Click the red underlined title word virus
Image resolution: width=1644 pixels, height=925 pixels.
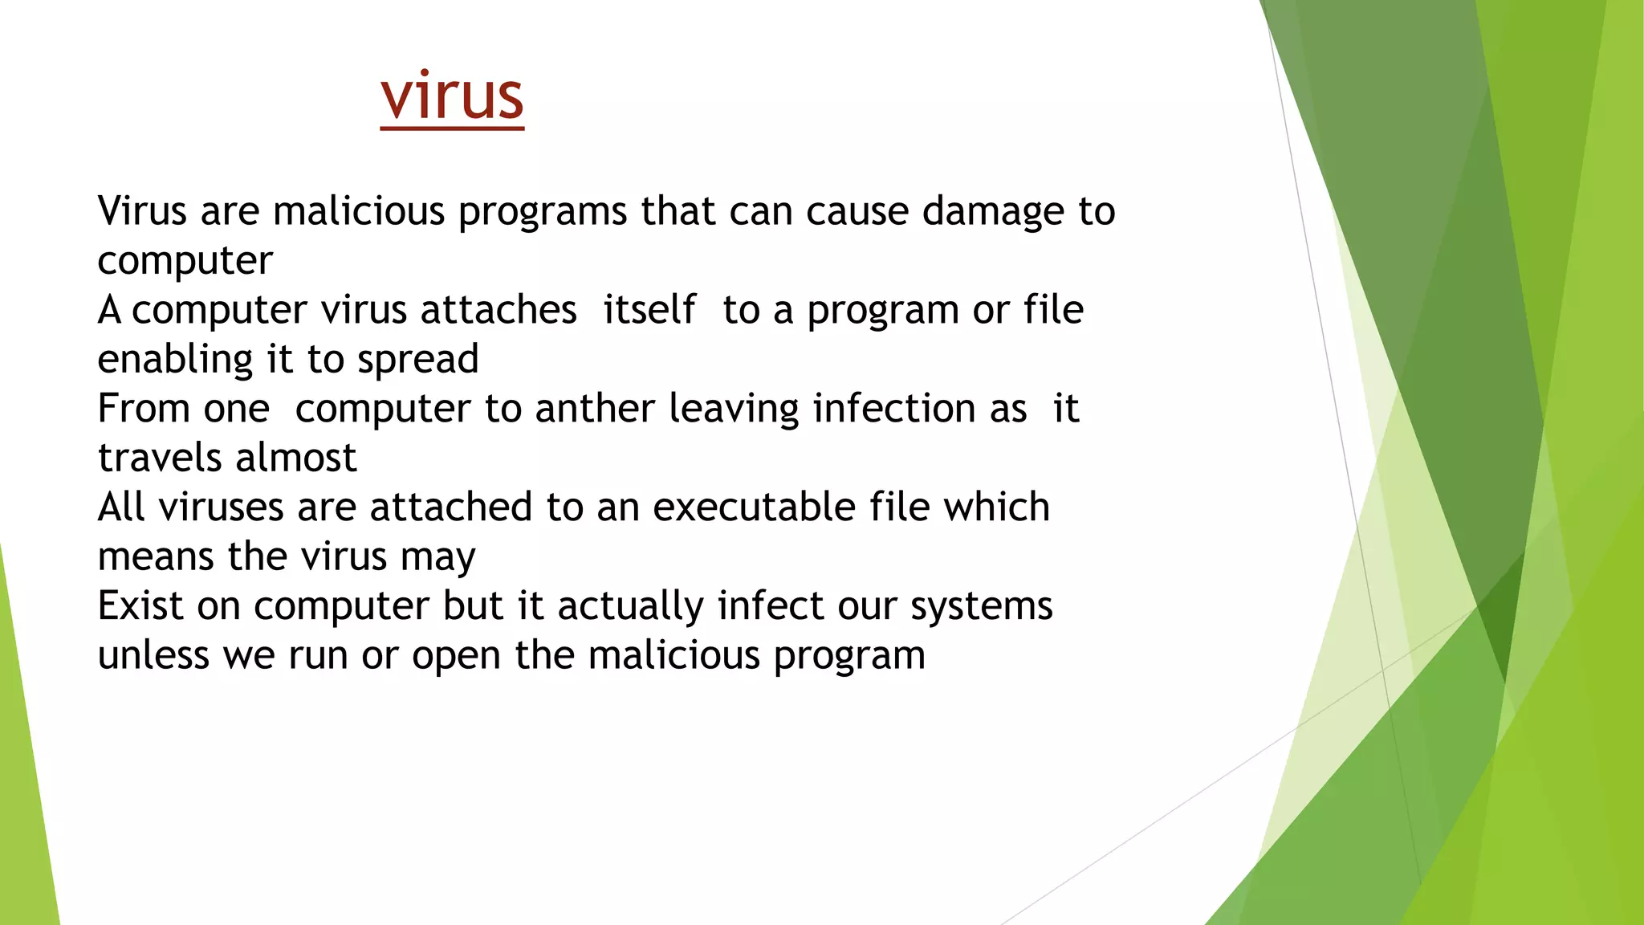click(x=452, y=96)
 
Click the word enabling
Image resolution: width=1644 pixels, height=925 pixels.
click(x=169, y=360)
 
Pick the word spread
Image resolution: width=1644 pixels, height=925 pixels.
click(x=417, y=360)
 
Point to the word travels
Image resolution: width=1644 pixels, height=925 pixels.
click(x=160, y=458)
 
